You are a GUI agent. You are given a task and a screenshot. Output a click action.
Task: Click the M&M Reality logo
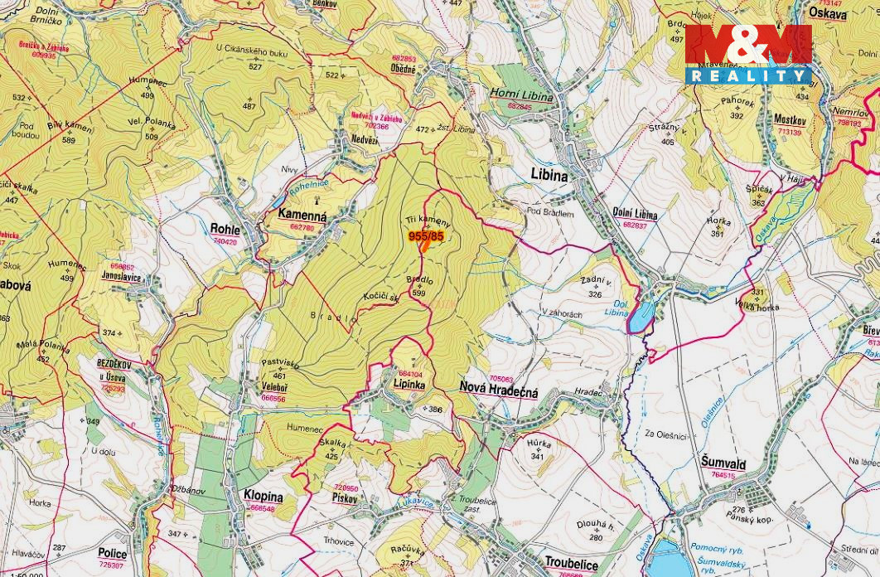click(748, 54)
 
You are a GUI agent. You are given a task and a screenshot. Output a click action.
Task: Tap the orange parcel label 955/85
click(426, 236)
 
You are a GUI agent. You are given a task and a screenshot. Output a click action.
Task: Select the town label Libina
click(549, 176)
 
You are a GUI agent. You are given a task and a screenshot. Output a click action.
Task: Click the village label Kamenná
click(302, 216)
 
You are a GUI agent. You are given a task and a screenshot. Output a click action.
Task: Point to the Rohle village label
click(225, 230)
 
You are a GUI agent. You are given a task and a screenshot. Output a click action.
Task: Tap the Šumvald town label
click(723, 464)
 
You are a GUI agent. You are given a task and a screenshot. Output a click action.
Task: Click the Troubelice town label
click(571, 564)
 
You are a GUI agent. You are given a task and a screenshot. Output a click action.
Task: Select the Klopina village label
click(263, 497)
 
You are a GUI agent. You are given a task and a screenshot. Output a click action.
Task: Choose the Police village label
click(112, 554)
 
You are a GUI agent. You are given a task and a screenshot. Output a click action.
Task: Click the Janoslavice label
click(121, 277)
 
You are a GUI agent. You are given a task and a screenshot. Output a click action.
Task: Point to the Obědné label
click(404, 70)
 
